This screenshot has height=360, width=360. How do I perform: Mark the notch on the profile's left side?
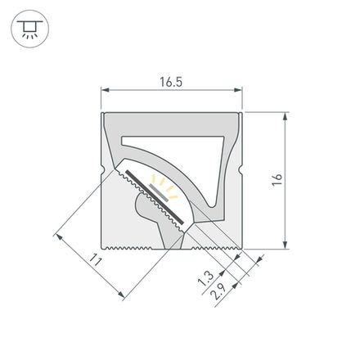click(102, 171)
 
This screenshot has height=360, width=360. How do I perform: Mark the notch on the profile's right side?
click(243, 171)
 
